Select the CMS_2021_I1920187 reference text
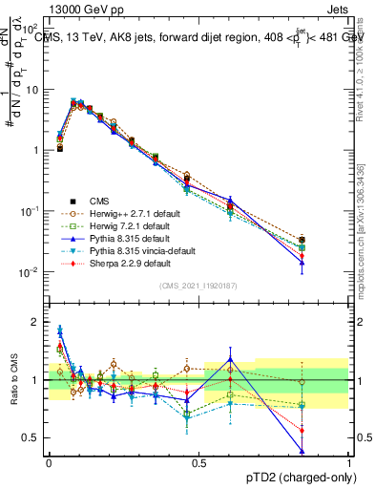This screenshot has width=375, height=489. (198, 286)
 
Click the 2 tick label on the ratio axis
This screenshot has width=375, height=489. (35, 322)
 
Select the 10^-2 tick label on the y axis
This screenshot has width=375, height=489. (30, 272)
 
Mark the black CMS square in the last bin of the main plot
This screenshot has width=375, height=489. (328, 240)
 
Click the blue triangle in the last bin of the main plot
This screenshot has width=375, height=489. (328, 262)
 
